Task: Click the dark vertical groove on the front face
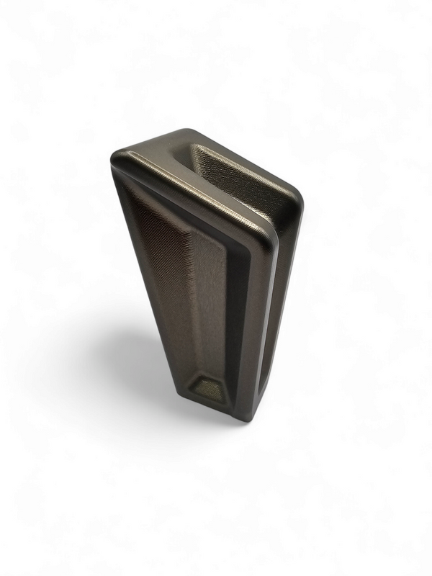pyautogui.click(x=238, y=310)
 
